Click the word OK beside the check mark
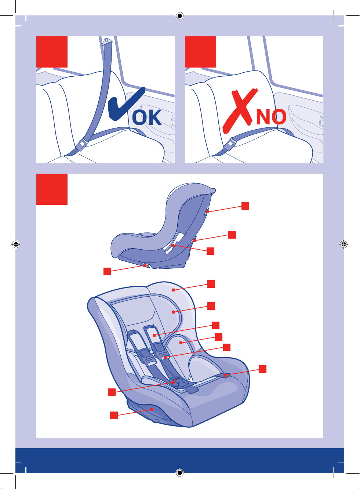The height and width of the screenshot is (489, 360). click(147, 117)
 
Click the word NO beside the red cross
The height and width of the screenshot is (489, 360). click(271, 117)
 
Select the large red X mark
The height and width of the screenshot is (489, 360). click(240, 111)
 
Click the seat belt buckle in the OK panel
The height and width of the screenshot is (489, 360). click(81, 144)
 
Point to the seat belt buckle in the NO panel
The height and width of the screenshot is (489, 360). click(229, 144)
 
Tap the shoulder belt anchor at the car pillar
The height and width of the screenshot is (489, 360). click(106, 41)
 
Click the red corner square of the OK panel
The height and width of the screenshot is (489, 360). click(52, 52)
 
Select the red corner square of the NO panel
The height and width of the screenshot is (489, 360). click(200, 52)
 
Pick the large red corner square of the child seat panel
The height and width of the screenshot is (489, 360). click(52, 189)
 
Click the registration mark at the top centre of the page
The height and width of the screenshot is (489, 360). click(180, 16)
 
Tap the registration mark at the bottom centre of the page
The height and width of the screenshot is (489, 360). click(180, 473)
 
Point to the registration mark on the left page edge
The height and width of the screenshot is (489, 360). click(16, 244)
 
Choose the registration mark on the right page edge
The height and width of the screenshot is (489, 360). click(343, 244)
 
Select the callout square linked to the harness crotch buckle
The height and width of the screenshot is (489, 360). click(112, 392)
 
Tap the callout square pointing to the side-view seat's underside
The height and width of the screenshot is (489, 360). click(107, 271)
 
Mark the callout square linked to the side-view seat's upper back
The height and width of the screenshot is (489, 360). click(245, 206)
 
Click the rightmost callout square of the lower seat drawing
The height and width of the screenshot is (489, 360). click(262, 369)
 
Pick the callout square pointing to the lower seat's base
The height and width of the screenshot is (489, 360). click(114, 415)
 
